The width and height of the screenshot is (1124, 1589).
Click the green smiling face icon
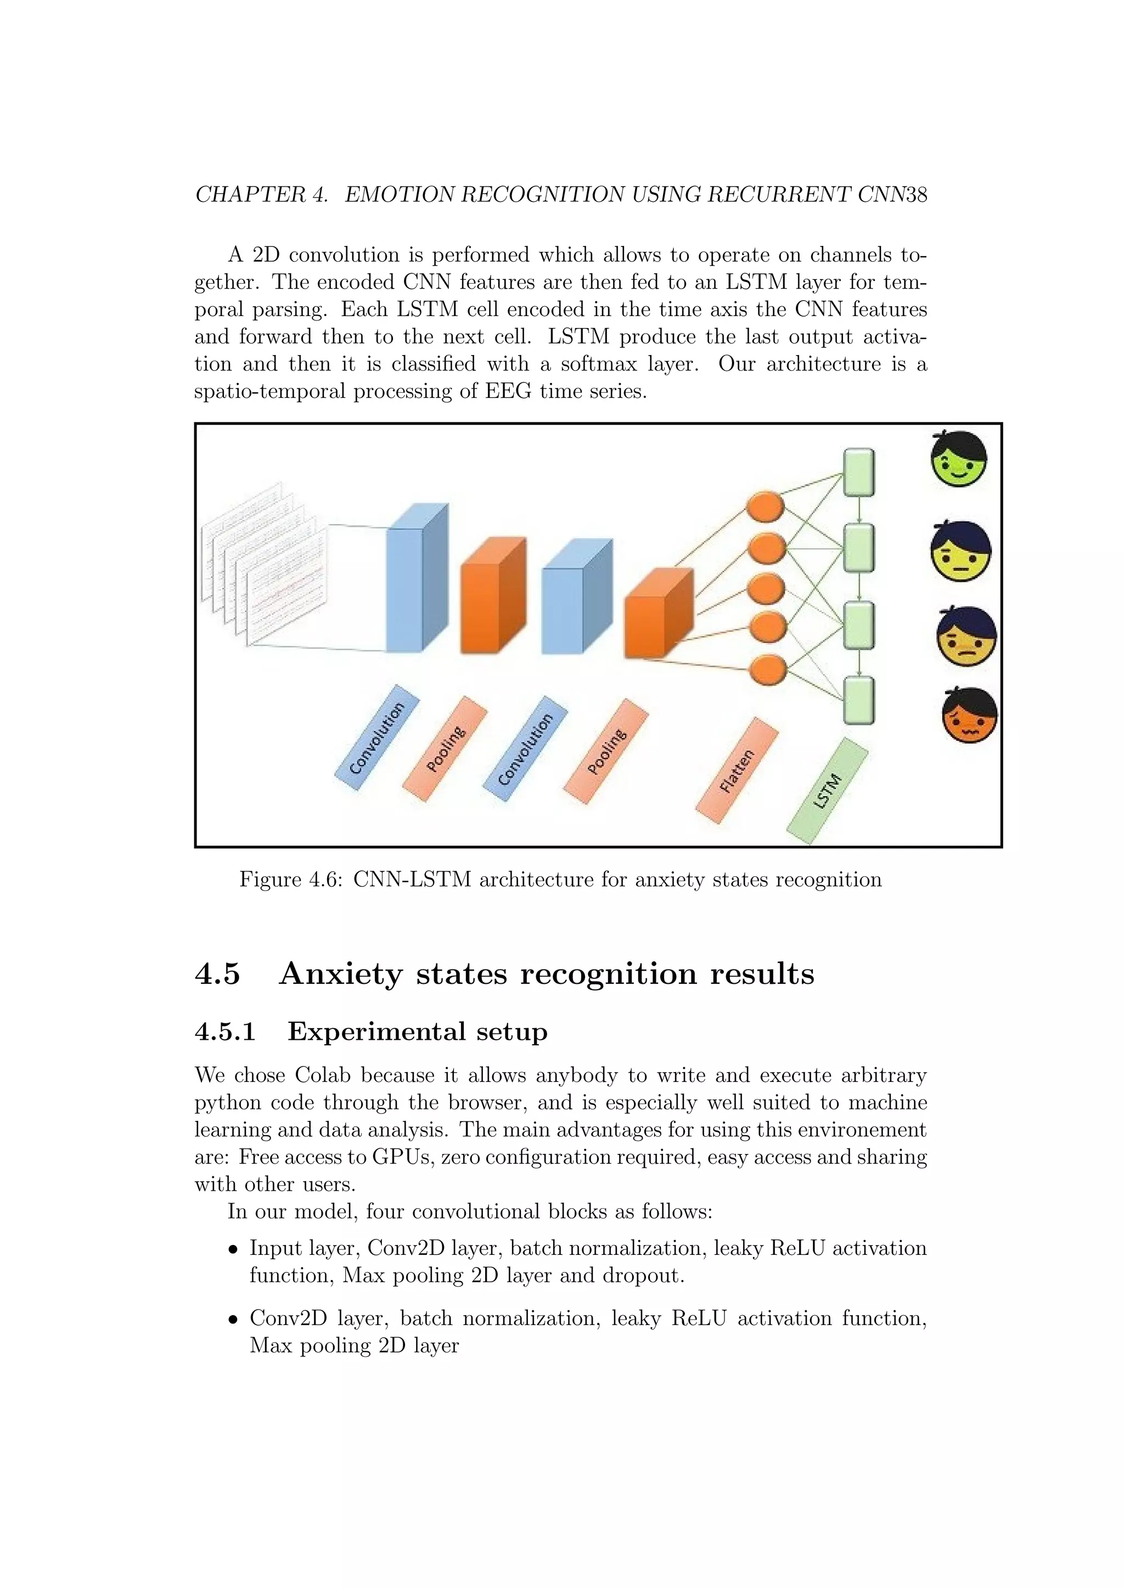click(959, 460)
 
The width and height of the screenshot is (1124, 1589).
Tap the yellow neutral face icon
click(960, 553)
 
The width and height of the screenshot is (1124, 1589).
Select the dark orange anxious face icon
click(970, 715)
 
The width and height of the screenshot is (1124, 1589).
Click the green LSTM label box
click(828, 791)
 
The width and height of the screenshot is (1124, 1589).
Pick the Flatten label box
click(737, 771)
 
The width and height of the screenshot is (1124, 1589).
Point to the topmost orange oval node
click(765, 506)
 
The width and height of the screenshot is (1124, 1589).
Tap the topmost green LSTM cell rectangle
click(859, 472)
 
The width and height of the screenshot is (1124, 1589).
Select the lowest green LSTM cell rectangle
click(859, 700)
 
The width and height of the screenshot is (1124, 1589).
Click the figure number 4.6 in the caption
click(326, 880)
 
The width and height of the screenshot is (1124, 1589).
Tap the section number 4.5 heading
click(217, 974)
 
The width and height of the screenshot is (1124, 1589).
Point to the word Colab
click(323, 1075)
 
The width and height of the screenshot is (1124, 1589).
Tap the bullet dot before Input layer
click(234, 1250)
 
